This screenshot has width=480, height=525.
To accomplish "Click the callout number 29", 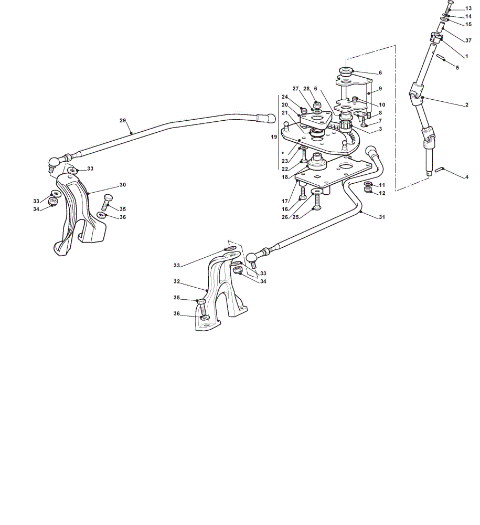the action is [x=122, y=121].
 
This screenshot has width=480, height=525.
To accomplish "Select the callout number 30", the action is [x=122, y=185].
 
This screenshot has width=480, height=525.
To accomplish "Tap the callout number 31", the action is [x=382, y=217].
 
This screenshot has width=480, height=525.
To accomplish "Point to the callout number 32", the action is [x=177, y=281].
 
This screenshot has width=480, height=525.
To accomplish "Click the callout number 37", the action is [x=468, y=40].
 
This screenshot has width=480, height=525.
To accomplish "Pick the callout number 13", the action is [x=468, y=8].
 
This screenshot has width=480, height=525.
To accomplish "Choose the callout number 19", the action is [x=274, y=137].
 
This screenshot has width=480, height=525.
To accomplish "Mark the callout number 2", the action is [x=466, y=105].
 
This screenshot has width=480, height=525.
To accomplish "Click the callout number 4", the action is [x=466, y=177].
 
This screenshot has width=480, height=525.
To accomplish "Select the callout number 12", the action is [x=382, y=193].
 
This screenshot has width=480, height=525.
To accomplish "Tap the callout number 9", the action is [x=380, y=89].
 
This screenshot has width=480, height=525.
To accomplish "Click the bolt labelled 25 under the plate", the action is [x=316, y=201].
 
